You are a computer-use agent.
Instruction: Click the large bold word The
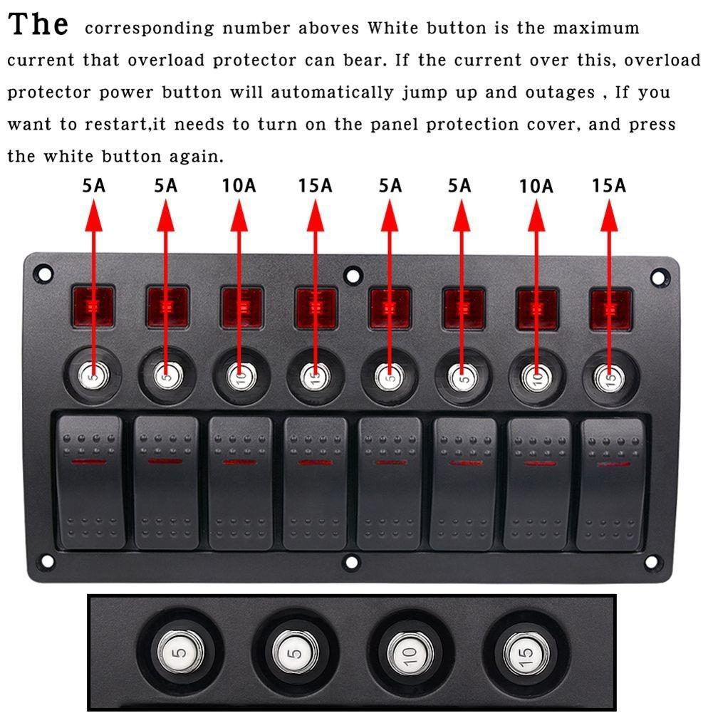point(38,24)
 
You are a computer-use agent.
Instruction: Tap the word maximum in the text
point(596,28)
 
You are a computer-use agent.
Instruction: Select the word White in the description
point(395,28)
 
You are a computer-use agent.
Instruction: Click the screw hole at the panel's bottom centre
point(352,562)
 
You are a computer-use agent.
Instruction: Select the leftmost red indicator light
point(93,307)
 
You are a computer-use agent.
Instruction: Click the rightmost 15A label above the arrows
point(609,186)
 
